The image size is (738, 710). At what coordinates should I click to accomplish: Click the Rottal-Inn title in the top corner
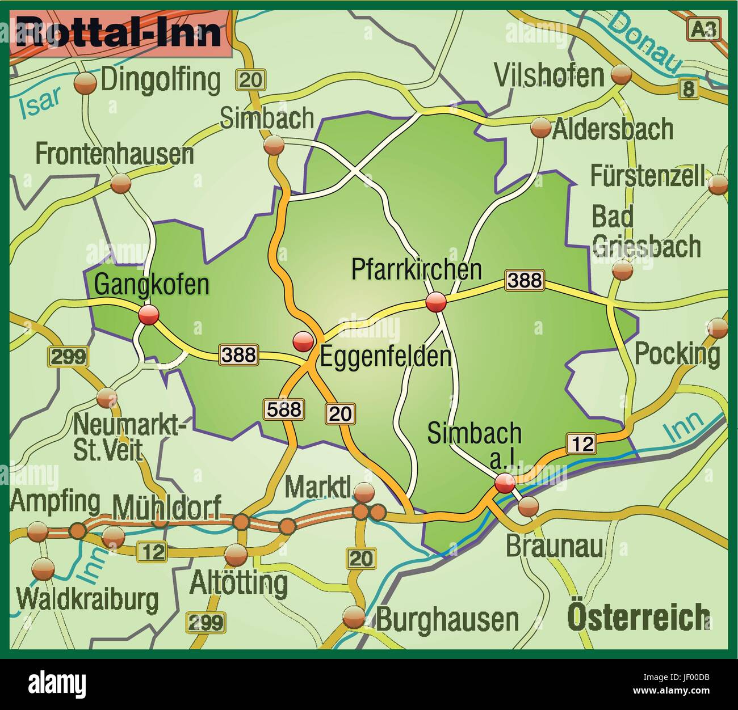tap(119, 33)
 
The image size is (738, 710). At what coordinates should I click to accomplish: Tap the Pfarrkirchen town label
tap(416, 269)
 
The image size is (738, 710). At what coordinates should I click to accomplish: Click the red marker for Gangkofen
tap(149, 314)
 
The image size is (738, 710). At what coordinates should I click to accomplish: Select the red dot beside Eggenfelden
tap(303, 341)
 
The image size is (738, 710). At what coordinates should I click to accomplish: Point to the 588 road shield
tap(284, 409)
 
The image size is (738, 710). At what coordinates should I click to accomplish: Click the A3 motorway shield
tap(704, 29)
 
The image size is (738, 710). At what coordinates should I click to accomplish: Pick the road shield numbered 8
tap(688, 89)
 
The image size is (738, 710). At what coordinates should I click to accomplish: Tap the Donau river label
tap(644, 43)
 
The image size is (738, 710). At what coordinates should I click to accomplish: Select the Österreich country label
tap(639, 617)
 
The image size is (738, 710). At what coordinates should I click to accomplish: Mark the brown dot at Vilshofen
tap(620, 74)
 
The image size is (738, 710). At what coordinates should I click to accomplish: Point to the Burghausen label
tap(447, 619)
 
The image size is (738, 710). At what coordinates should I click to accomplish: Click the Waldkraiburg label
tap(87, 599)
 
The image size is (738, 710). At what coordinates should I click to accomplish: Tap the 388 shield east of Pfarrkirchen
tap(525, 280)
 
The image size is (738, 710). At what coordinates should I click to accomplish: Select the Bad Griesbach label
tap(645, 232)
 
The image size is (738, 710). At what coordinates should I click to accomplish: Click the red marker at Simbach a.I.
tap(505, 484)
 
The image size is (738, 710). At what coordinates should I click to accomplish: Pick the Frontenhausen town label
tap(114, 154)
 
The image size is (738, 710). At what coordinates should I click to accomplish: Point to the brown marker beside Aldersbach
tap(540, 128)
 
